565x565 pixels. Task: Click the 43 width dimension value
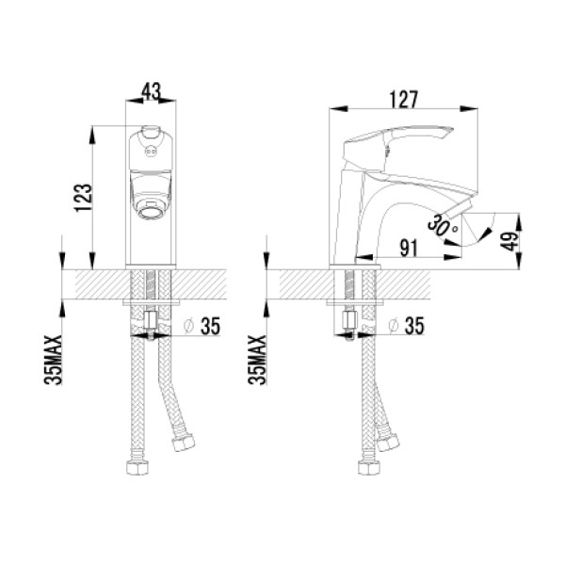point(151,91)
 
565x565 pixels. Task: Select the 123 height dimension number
point(84,198)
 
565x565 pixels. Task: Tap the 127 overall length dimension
point(404,100)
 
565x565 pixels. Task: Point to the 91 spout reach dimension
point(409,248)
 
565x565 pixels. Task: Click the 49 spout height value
point(509,241)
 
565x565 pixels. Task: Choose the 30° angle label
point(443,225)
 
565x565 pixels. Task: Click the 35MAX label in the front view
point(54,360)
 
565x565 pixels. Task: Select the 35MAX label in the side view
point(258,360)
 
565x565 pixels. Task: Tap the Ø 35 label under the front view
point(202,326)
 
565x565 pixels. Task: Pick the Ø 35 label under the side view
point(407,326)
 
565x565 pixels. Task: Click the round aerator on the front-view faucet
point(150,210)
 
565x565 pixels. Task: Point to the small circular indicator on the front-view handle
point(151,152)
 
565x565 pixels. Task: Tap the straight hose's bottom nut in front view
point(137,467)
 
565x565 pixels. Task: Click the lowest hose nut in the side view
point(368,467)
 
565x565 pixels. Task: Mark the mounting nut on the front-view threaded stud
point(151,320)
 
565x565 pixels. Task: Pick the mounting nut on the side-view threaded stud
point(349,319)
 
